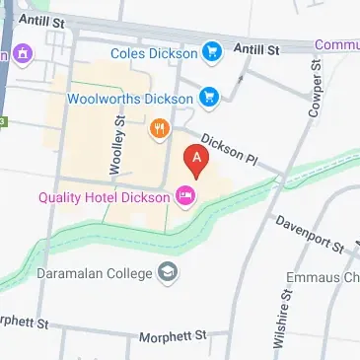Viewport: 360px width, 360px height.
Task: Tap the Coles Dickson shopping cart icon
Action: (211, 51)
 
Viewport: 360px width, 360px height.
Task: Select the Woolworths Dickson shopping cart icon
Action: (208, 97)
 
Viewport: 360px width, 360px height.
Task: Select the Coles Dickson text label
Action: (154, 51)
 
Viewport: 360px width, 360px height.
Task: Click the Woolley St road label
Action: (118, 146)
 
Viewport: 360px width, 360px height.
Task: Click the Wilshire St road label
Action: (283, 318)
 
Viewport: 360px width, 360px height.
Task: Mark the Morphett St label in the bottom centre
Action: (175, 335)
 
